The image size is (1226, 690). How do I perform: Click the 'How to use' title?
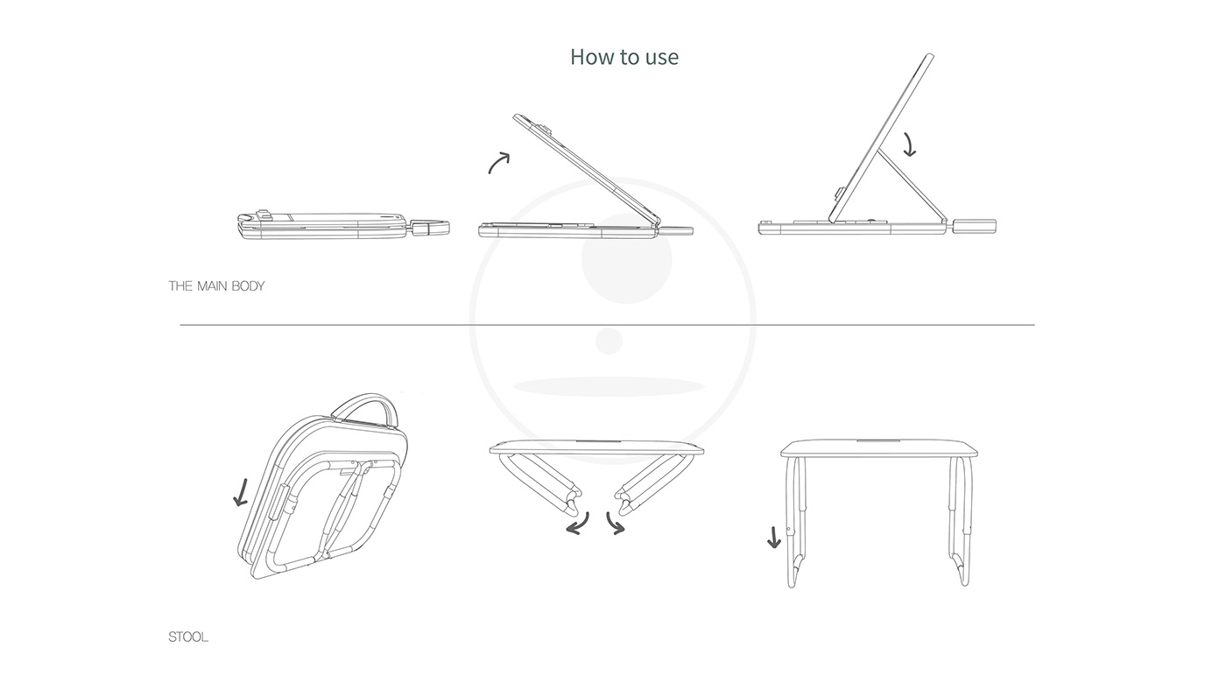click(x=624, y=57)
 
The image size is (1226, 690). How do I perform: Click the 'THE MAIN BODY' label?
click(x=216, y=286)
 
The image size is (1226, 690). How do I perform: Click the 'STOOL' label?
click(x=188, y=637)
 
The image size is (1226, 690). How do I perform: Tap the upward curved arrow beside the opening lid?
click(x=499, y=162)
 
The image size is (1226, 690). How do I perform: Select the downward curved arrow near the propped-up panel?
click(x=909, y=144)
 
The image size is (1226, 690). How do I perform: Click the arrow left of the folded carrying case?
click(x=241, y=491)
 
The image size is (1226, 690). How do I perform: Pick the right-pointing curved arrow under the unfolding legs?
click(x=616, y=524)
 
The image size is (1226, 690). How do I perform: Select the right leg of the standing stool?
click(x=960, y=521)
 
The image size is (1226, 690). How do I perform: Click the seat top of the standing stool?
click(x=878, y=447)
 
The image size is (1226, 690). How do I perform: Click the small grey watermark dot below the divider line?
click(x=609, y=341)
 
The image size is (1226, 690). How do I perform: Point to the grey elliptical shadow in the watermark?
click(x=609, y=386)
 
